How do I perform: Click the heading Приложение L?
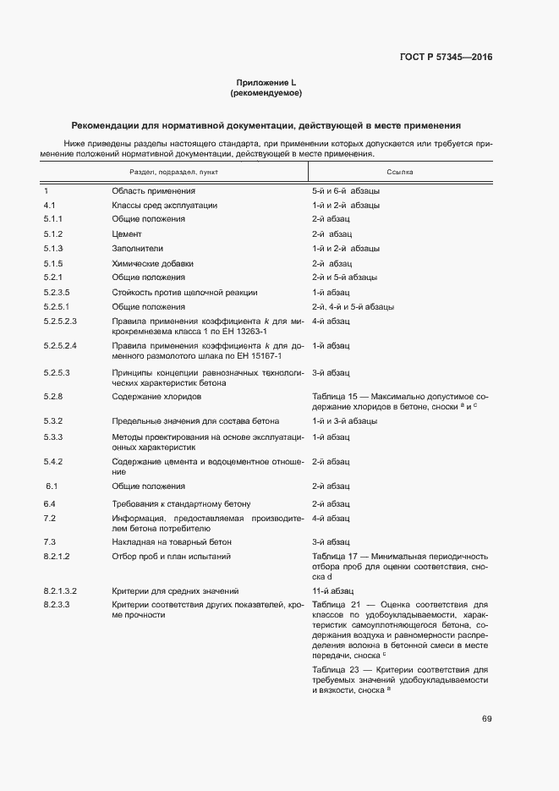[x=266, y=82]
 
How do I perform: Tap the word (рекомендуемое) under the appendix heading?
[x=266, y=92]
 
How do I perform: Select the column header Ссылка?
[x=399, y=172]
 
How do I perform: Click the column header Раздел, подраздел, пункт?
[x=173, y=172]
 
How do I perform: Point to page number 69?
[x=487, y=719]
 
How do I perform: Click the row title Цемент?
[x=126, y=233]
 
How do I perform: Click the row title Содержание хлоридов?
[x=156, y=397]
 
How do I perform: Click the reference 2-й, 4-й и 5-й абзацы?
[x=353, y=306]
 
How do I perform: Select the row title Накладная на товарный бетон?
[x=172, y=541]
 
